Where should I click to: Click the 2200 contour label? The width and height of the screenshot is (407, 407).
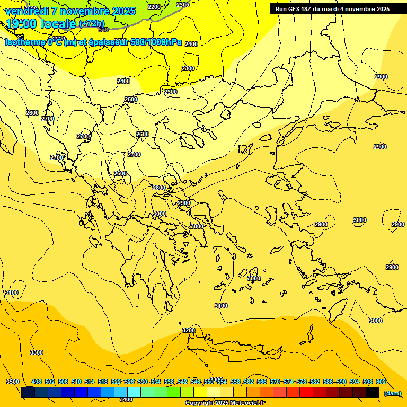tap(154, 7)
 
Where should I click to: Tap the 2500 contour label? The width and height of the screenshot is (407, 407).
tap(131, 99)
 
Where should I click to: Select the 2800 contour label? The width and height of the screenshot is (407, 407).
tap(159, 188)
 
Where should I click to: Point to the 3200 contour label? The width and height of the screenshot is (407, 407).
tap(189, 330)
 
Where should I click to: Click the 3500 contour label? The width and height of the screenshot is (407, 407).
tap(13, 382)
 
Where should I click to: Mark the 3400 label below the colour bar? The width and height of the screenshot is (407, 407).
tap(126, 399)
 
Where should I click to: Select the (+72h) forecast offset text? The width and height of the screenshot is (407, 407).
tap(92, 24)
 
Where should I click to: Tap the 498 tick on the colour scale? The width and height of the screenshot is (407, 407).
tap(37, 382)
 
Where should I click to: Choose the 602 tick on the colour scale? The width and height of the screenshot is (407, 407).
tap(381, 382)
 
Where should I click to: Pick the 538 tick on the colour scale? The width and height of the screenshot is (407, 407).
tap(169, 382)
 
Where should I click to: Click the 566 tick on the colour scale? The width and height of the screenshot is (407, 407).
tap(262, 382)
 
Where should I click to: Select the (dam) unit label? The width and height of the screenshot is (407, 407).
tap(392, 393)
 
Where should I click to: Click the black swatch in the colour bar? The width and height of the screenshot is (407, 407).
tap(373, 392)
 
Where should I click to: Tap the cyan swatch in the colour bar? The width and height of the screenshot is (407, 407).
tap(134, 392)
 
